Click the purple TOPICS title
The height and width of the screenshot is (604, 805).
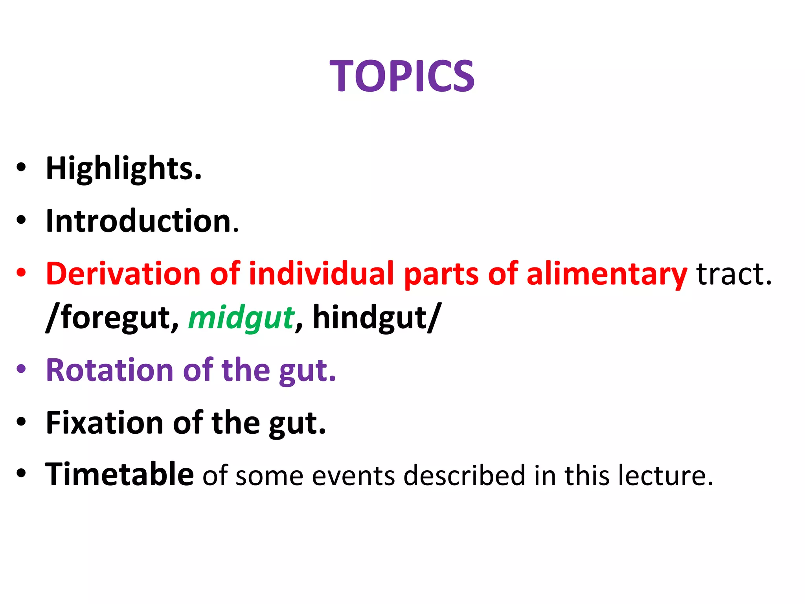click(402, 76)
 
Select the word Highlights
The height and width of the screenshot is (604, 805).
click(123, 169)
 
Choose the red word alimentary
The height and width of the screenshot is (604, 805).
click(607, 274)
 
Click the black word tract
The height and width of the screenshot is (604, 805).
click(733, 274)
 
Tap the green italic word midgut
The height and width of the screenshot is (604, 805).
click(241, 318)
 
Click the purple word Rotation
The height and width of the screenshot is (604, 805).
click(110, 370)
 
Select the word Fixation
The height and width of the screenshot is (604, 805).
click(104, 423)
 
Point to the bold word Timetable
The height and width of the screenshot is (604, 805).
click(119, 475)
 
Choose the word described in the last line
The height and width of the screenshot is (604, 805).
click(464, 475)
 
